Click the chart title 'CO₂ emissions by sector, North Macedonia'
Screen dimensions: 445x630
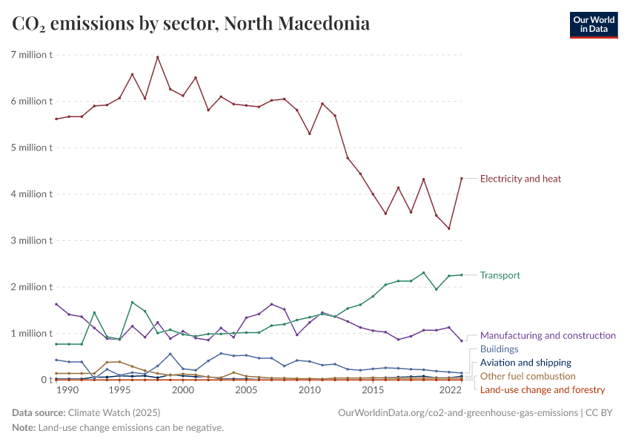click(x=191, y=24)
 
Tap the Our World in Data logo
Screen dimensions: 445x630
click(x=593, y=24)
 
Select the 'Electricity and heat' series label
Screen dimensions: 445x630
click(x=520, y=179)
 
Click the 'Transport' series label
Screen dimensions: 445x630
click(x=500, y=275)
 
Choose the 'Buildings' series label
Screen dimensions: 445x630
click(x=499, y=349)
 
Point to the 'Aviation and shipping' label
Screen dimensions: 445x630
click(x=525, y=363)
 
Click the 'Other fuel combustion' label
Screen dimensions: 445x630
click(x=528, y=376)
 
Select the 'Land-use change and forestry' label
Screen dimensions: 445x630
click(x=543, y=389)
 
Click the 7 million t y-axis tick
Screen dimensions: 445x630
click(x=31, y=55)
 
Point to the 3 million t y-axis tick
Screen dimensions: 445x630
click(x=31, y=240)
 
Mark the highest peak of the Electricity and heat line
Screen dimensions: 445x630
click(x=157, y=57)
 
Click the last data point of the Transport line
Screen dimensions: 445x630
click(x=461, y=275)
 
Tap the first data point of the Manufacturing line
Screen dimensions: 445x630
click(x=56, y=304)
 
